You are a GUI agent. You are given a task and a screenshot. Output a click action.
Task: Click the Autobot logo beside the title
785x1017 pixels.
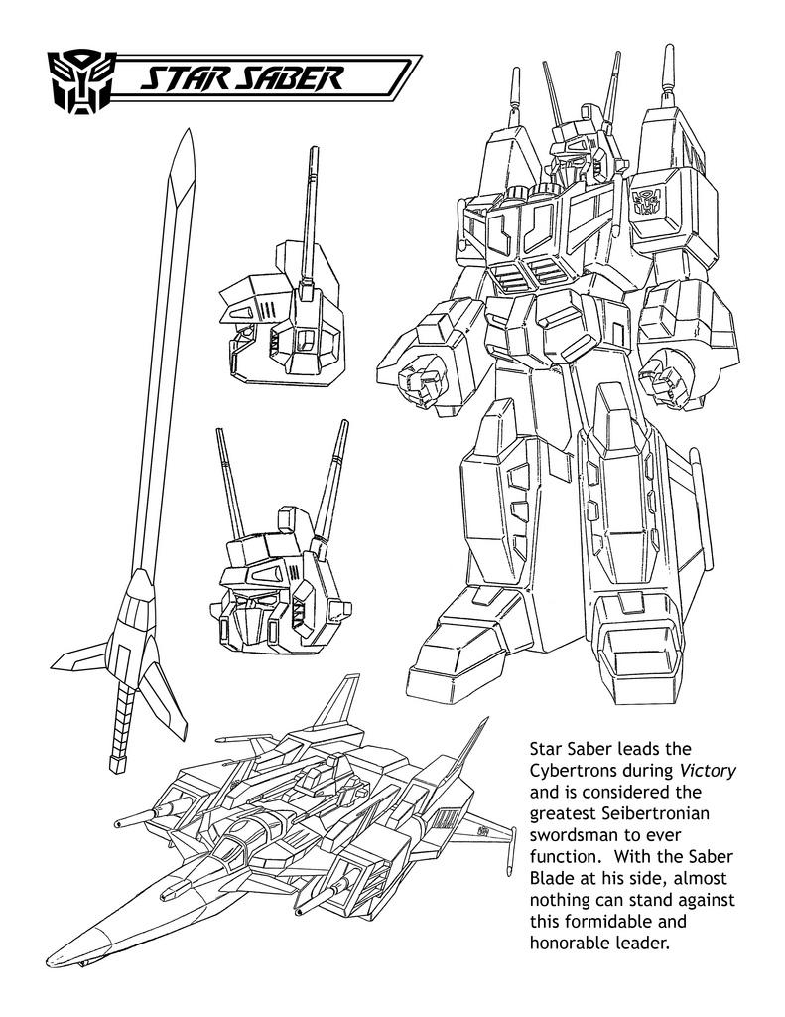pyautogui.click(x=81, y=76)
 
